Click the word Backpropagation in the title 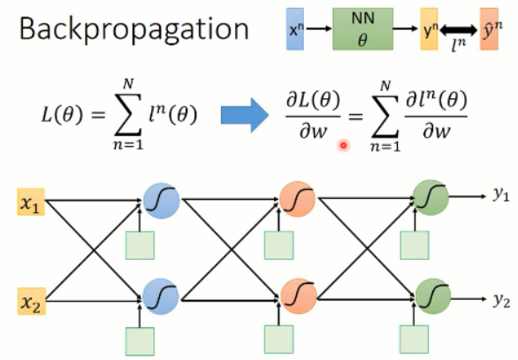pyautogui.click(x=133, y=29)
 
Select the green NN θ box pyautogui.click(x=362, y=29)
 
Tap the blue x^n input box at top pyautogui.click(x=295, y=29)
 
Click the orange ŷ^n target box pyautogui.click(x=489, y=29)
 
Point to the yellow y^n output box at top pyautogui.click(x=429, y=29)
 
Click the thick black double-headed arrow pyautogui.click(x=459, y=30)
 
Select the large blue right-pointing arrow pyautogui.click(x=245, y=115)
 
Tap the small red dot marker pyautogui.click(x=344, y=145)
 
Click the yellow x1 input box pyautogui.click(x=31, y=202)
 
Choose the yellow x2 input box pyautogui.click(x=32, y=301)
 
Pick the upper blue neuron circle pyautogui.click(x=162, y=201)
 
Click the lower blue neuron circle pyautogui.click(x=161, y=296)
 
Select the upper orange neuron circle pyautogui.click(x=297, y=199)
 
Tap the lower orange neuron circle pyautogui.click(x=299, y=295)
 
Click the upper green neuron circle pyautogui.click(x=430, y=197)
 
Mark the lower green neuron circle pyautogui.click(x=433, y=296)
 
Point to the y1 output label pyautogui.click(x=501, y=195)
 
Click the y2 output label pyautogui.click(x=502, y=300)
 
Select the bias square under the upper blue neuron pyautogui.click(x=140, y=245)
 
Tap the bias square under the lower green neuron pyautogui.click(x=415, y=339)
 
